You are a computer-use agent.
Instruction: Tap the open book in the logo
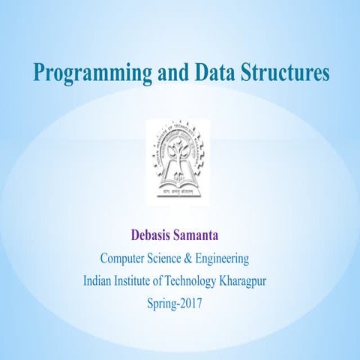tap(179, 180)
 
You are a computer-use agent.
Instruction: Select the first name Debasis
tap(154, 235)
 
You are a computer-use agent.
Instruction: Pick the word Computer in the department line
tap(124, 259)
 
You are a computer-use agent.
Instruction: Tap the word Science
tap(172, 259)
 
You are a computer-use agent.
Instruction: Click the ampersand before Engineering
tap(200, 259)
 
